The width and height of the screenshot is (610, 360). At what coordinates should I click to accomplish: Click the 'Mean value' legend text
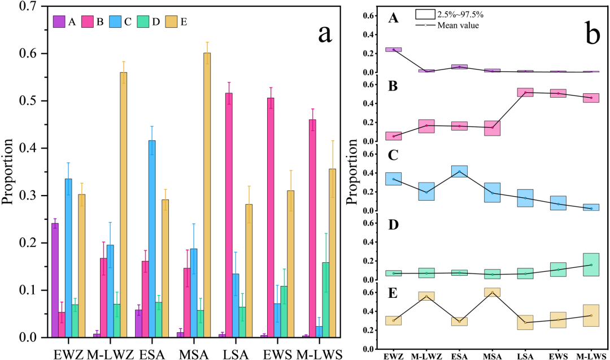pos(458,24)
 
